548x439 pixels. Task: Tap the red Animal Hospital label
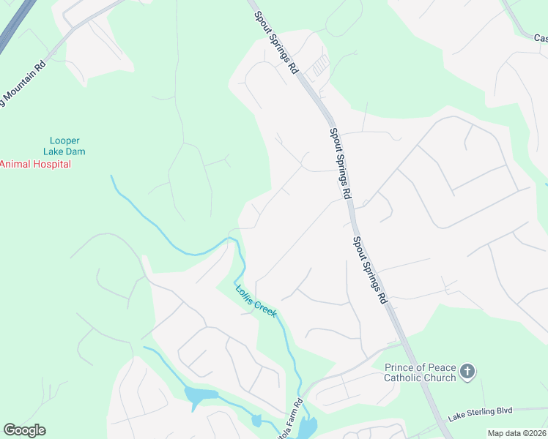tap(35, 165)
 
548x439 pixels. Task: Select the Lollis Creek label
tap(256, 300)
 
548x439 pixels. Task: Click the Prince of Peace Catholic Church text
tap(420, 372)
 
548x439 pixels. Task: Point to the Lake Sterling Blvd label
tap(480, 412)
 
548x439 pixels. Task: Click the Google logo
tap(24, 430)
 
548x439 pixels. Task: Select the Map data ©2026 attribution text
tap(517, 433)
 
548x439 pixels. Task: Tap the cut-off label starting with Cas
tap(540, 37)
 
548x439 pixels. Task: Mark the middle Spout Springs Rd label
tap(338, 162)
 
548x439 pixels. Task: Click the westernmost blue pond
tap(200, 397)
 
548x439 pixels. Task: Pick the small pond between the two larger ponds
tap(256, 420)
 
